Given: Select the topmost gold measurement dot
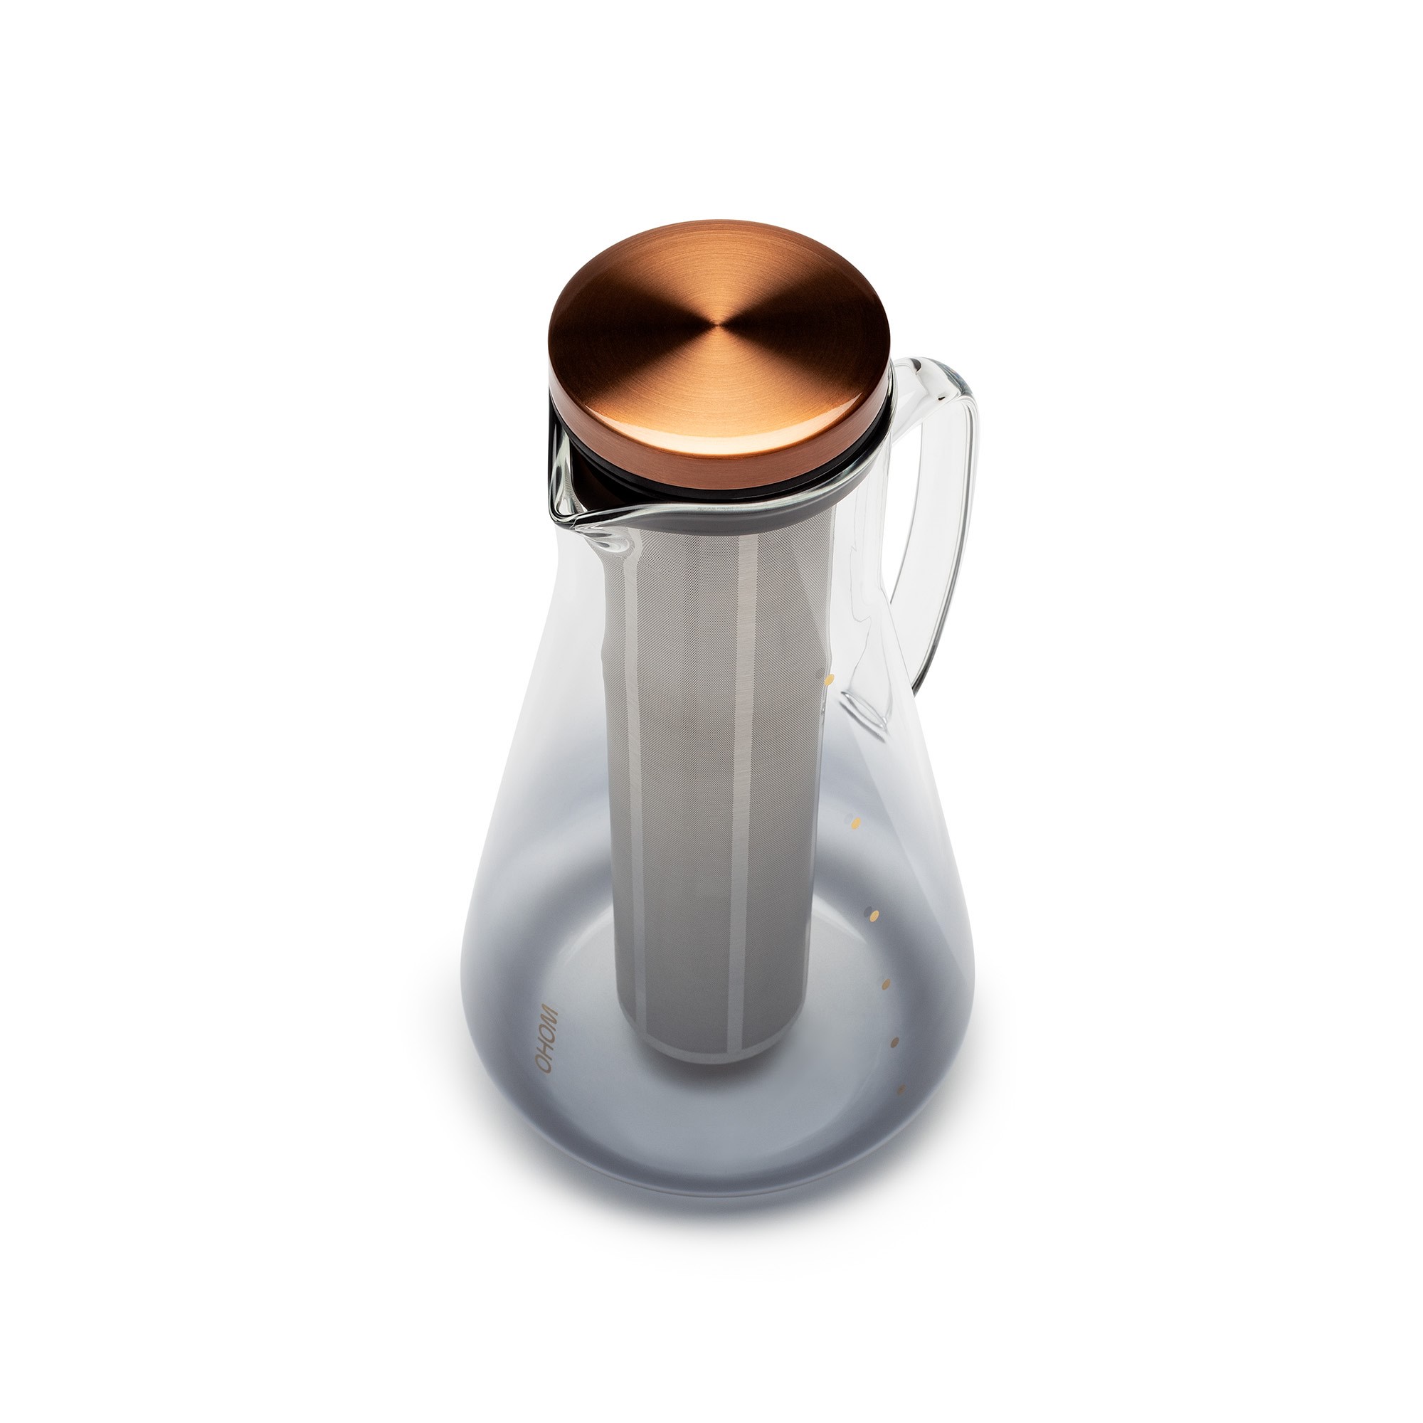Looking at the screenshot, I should coord(830,679).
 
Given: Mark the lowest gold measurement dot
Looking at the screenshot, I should coord(900,1089).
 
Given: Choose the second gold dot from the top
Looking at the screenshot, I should coord(856,821).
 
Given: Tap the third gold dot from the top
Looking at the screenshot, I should coord(874,916).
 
